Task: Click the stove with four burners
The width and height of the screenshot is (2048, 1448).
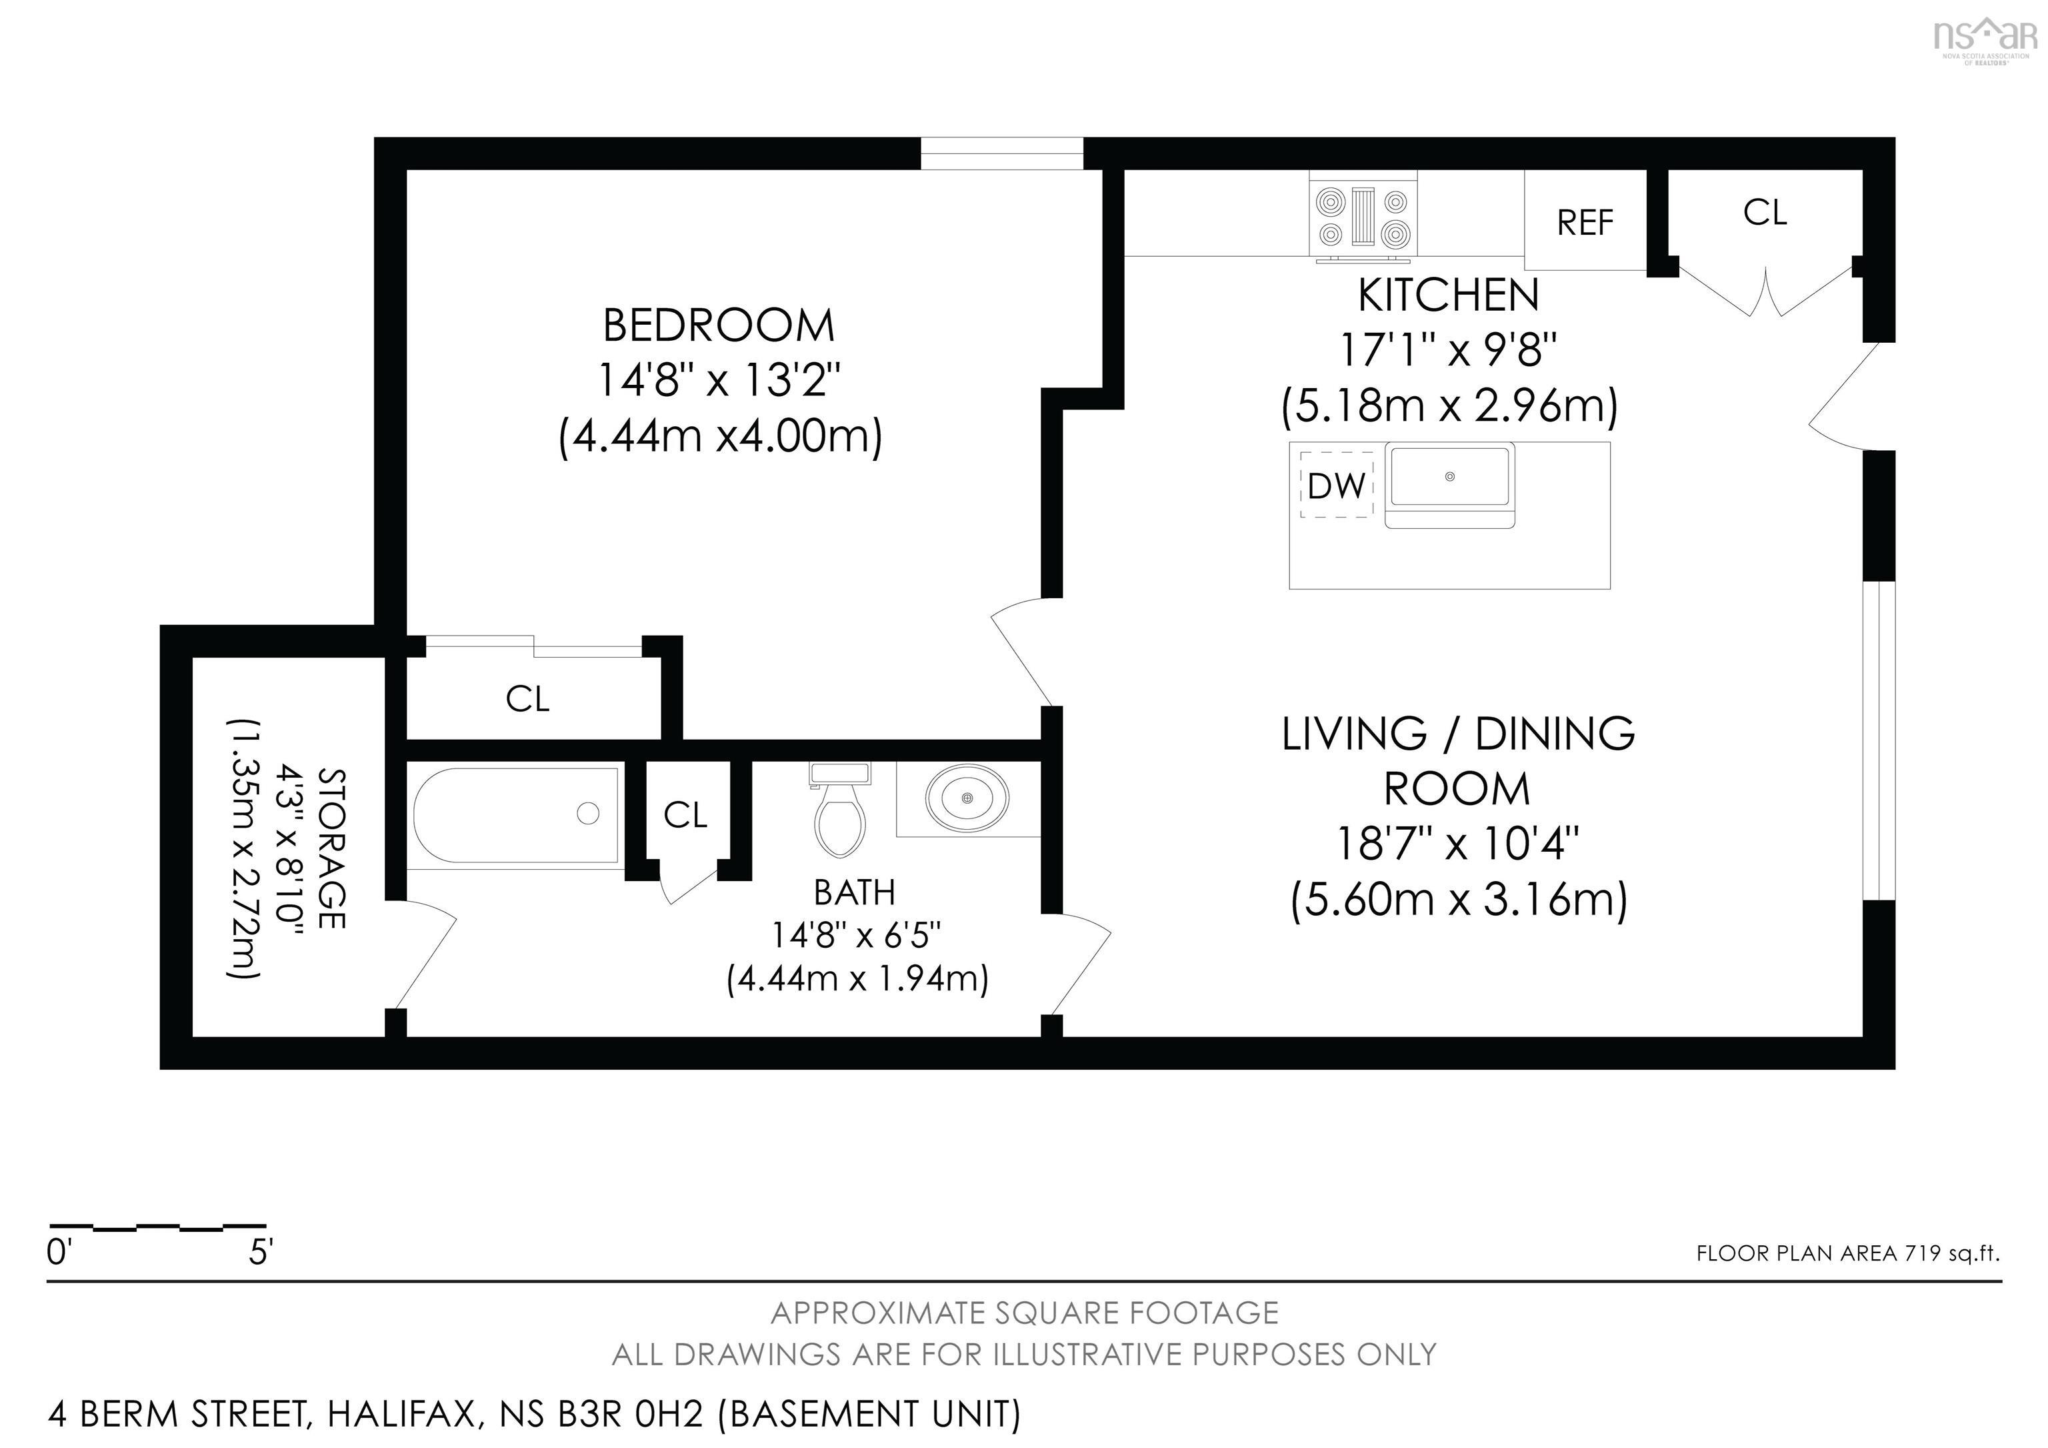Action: point(1363,217)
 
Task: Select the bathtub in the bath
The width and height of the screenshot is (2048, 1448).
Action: point(515,814)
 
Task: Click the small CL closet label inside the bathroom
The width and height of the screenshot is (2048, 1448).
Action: point(685,814)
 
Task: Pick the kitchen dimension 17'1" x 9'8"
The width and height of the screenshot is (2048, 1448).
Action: point(1449,351)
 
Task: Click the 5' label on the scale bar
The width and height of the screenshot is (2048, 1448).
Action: point(259,1253)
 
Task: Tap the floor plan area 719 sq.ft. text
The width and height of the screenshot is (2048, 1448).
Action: point(1847,1253)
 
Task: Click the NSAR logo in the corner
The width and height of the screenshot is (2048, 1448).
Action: point(1985,37)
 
